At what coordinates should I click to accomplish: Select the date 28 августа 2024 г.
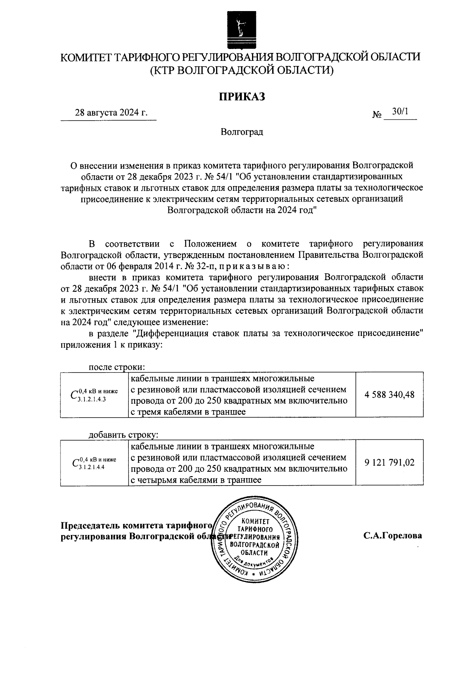coord(111,113)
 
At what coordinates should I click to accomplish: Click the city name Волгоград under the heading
coord(242,132)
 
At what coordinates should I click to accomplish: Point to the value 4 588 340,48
coord(389,394)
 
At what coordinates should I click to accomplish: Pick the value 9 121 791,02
coord(389,462)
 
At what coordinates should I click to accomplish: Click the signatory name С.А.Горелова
coord(393,536)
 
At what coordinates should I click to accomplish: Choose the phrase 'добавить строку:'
coord(123,435)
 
